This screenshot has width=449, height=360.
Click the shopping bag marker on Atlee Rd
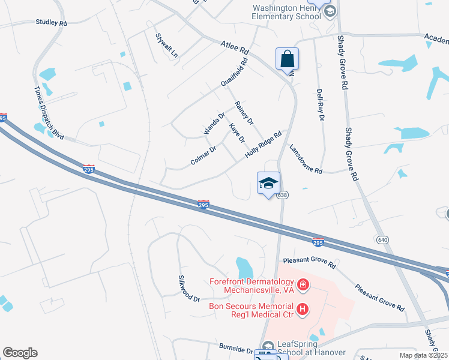point(288,59)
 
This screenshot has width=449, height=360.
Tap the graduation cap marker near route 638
point(268,184)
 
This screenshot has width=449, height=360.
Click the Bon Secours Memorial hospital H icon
point(303,309)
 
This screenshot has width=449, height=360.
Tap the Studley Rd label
point(51,23)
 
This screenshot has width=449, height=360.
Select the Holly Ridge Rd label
point(264,145)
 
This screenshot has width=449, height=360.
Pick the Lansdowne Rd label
point(306,159)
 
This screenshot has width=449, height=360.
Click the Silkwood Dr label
point(188,289)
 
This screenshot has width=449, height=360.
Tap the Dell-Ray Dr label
point(320,106)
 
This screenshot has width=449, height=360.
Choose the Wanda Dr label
point(214,123)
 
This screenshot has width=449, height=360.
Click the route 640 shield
point(382,240)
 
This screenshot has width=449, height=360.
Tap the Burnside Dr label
point(235,349)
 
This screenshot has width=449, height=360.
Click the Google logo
point(20,353)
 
